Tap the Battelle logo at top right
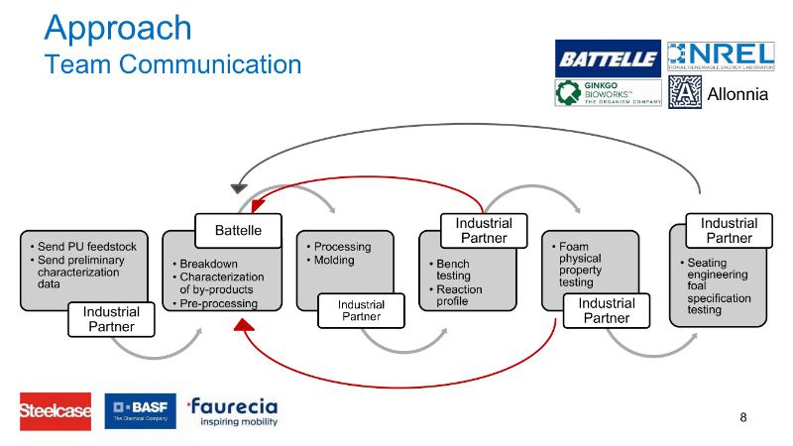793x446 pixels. click(x=607, y=58)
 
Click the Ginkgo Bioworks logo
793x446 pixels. click(x=607, y=93)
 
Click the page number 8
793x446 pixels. click(x=743, y=417)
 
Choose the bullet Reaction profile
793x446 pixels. click(x=462, y=294)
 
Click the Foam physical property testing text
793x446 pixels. click(x=580, y=263)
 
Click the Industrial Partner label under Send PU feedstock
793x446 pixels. click(x=111, y=319)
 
